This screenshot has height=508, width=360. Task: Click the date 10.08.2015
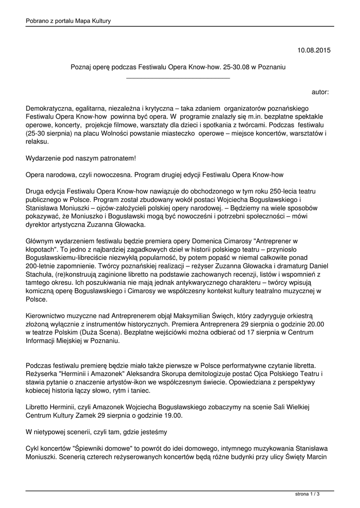tap(313, 50)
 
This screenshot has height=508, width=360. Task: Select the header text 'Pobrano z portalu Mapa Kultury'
tap(68, 20)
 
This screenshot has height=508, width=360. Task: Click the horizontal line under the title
tap(178, 78)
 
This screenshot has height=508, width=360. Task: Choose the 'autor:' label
tap(320, 92)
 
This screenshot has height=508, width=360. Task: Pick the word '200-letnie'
tap(42, 267)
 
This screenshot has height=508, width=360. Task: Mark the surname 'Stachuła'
tap(38, 275)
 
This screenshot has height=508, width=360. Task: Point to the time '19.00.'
tap(172, 416)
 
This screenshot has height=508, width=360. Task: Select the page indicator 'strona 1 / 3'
tap(307, 494)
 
